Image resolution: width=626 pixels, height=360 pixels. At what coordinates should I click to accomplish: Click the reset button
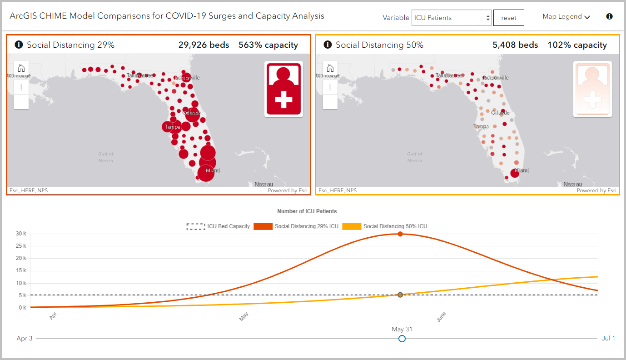[x=508, y=18]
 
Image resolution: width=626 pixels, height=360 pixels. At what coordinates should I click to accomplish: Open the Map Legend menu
[x=566, y=17]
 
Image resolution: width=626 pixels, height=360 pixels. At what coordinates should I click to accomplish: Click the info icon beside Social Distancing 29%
[x=19, y=45]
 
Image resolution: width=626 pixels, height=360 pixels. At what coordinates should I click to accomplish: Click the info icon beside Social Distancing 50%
[x=328, y=45]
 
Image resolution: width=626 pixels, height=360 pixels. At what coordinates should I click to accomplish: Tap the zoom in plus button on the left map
[x=21, y=88]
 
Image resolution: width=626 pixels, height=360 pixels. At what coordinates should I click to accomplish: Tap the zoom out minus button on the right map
[x=330, y=102]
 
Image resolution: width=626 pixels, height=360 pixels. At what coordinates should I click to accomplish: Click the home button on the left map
[x=21, y=68]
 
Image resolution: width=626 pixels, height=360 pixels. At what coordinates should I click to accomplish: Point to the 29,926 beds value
[x=204, y=45]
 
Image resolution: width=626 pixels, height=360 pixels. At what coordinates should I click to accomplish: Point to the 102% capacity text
[x=577, y=45]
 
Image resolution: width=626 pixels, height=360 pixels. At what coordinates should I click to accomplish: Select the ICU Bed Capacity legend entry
[x=218, y=226]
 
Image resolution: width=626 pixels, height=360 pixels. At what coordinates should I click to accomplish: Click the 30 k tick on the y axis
[x=21, y=234]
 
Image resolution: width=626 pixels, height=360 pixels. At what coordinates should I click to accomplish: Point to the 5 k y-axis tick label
[x=22, y=295]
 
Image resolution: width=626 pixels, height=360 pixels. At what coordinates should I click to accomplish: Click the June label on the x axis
[x=441, y=317]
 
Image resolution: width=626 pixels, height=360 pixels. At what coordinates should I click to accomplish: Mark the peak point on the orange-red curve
[x=400, y=234]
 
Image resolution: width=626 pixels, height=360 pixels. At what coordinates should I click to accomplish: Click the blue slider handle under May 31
[x=402, y=339]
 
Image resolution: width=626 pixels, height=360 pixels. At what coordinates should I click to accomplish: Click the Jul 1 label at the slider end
[x=608, y=339]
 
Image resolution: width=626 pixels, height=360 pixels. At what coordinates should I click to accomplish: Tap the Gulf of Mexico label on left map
[x=106, y=157]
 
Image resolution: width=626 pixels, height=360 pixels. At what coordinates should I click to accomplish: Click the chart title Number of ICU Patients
[x=307, y=211]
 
